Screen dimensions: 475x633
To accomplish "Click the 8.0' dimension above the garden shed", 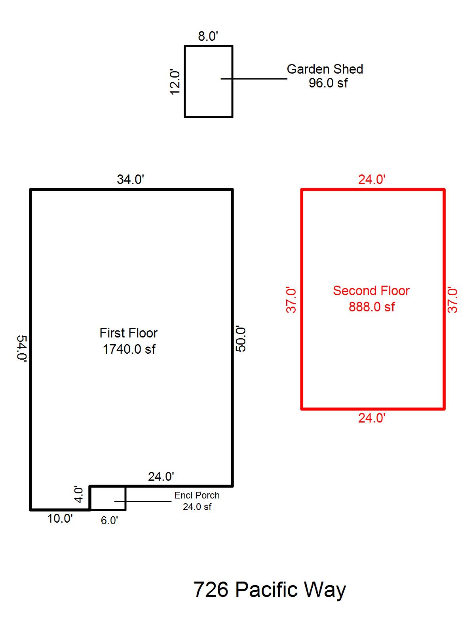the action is [208, 36].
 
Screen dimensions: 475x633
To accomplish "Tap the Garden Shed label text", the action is [325, 69].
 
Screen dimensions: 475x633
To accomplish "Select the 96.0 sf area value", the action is [328, 83].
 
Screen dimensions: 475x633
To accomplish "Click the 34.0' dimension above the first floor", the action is [130, 179].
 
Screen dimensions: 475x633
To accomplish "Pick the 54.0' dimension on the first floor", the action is [22, 349].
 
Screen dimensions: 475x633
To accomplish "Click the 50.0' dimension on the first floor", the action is [241, 339].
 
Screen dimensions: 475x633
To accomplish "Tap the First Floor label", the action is [128, 333].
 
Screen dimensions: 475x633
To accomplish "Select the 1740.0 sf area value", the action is [129, 349].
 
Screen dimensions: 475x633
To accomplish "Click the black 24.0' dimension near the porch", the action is [161, 477].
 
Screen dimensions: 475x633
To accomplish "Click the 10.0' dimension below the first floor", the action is [60, 519].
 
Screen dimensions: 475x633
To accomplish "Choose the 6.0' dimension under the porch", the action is [109, 521].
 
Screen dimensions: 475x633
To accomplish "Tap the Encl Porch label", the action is [197, 495].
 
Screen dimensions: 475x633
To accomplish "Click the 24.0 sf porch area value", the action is [197, 507].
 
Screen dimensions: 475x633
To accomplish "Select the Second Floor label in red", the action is [371, 291].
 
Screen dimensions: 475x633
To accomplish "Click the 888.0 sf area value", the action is [371, 307].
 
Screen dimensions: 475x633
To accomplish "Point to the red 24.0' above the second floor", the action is [372, 180].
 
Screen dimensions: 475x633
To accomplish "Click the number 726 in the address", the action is [211, 590].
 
